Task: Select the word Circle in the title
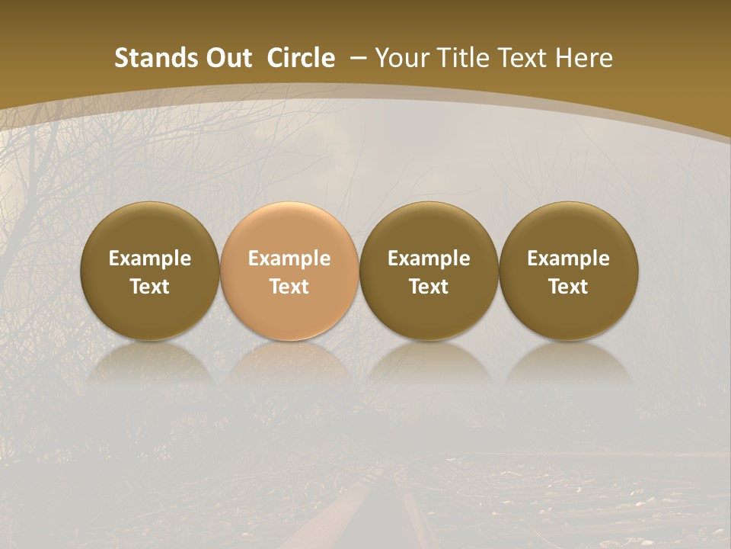pyautogui.click(x=301, y=58)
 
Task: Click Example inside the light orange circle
pyautogui.click(x=289, y=258)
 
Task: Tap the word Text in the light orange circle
pyautogui.click(x=289, y=287)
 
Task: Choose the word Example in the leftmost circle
pyautogui.click(x=150, y=258)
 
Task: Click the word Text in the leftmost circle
pyautogui.click(x=150, y=287)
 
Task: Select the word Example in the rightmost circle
pyautogui.click(x=568, y=258)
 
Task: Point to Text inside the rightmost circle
pyautogui.click(x=568, y=287)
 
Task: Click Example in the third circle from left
pyautogui.click(x=429, y=258)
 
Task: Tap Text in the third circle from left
pyautogui.click(x=429, y=287)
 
